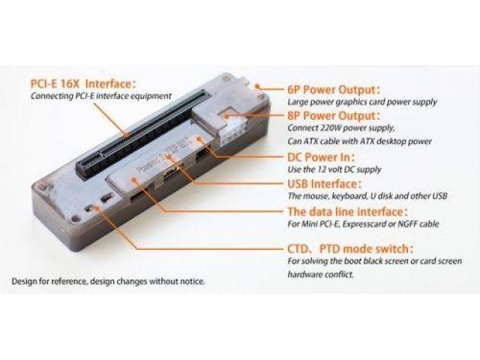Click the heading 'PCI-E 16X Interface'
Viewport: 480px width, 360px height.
click(83, 83)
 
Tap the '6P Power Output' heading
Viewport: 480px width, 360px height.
click(334, 90)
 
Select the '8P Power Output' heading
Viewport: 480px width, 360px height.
click(334, 115)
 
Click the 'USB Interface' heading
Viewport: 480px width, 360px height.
click(325, 184)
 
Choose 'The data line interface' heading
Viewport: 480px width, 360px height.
click(348, 211)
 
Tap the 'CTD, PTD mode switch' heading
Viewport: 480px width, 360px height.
click(350, 248)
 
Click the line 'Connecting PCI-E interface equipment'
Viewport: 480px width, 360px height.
click(101, 96)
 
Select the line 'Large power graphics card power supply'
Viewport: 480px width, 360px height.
click(362, 102)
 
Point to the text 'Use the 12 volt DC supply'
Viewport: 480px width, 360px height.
click(334, 169)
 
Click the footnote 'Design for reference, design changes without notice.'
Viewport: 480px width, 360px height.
click(108, 281)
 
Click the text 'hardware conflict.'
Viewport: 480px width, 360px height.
click(320, 274)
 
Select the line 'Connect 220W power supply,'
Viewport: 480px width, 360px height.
click(341, 127)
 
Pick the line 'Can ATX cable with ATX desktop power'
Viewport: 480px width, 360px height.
click(359, 141)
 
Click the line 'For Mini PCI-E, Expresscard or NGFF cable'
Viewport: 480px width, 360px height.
click(363, 223)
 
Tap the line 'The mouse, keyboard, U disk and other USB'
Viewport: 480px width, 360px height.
click(367, 196)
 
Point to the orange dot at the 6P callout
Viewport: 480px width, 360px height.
click(258, 87)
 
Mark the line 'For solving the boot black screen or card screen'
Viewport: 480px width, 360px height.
click(374, 262)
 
